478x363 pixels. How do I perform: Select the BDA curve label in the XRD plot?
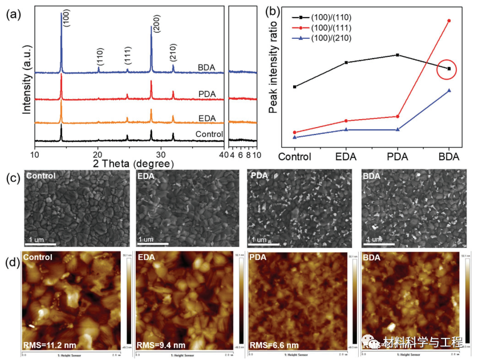click(205, 67)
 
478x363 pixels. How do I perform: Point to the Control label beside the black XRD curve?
click(208, 134)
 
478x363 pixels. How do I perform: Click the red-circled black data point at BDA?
click(449, 69)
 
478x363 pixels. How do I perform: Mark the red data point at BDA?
click(449, 21)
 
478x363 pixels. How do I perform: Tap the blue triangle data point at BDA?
click(449, 90)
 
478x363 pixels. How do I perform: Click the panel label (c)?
click(12, 177)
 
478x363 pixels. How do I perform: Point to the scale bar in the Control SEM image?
click(40, 244)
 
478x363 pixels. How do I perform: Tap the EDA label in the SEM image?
click(147, 176)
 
